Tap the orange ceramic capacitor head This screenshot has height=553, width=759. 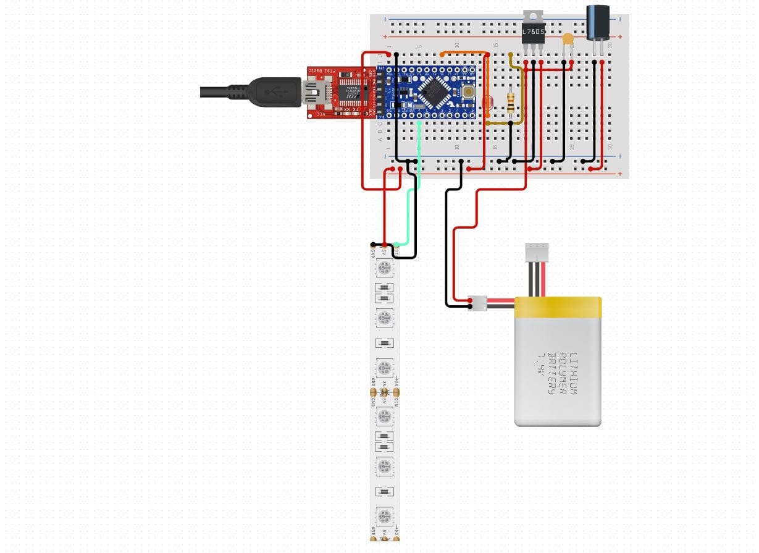568,40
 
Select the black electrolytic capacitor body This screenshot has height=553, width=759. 597,23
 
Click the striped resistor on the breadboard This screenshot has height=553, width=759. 511,103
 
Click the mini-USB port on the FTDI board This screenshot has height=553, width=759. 316,93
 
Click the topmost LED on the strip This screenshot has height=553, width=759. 384,268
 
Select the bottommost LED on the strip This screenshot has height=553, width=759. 384,515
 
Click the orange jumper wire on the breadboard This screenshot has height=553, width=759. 463,53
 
